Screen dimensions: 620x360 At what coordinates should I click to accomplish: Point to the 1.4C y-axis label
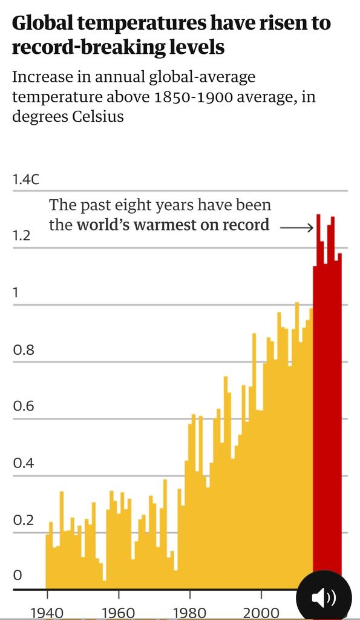25,180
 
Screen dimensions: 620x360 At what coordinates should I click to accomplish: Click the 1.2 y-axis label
21,236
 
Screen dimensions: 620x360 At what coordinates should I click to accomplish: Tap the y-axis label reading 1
16,293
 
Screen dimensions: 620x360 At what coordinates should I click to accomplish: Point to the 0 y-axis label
17,575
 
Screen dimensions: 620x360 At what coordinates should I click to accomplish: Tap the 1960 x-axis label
118,613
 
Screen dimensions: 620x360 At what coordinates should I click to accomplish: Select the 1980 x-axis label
190,613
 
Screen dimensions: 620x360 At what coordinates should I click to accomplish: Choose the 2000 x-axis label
261,613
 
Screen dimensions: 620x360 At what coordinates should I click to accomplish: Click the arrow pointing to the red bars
296,228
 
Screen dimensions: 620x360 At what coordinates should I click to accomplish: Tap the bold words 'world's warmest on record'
172,225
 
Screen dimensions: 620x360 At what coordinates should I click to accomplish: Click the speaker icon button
324,598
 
